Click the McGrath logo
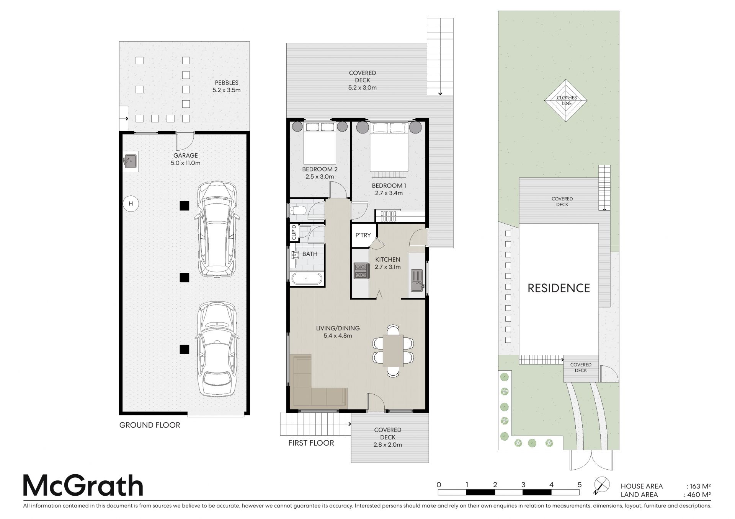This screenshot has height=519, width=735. tap(83, 486)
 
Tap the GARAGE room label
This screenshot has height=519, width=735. tap(186, 156)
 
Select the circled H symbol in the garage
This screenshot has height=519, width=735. tap(131, 203)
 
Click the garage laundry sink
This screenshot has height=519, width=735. tap(130, 161)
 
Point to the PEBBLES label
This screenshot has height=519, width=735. tap(227, 83)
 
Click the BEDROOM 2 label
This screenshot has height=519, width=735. tap(320, 169)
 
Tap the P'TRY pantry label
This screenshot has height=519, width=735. tap(363, 235)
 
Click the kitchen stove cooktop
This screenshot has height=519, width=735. tap(360, 271)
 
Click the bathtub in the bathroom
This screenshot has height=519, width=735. tap(307, 279)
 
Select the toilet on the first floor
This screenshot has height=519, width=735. tap(297, 210)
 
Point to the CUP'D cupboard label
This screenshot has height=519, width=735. tap(294, 233)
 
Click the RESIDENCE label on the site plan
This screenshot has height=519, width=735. tap(559, 288)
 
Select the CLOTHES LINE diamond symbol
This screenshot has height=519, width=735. tap(566, 101)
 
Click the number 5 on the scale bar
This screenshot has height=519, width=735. tap(580, 485)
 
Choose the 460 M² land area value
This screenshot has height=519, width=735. tap(699, 495)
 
